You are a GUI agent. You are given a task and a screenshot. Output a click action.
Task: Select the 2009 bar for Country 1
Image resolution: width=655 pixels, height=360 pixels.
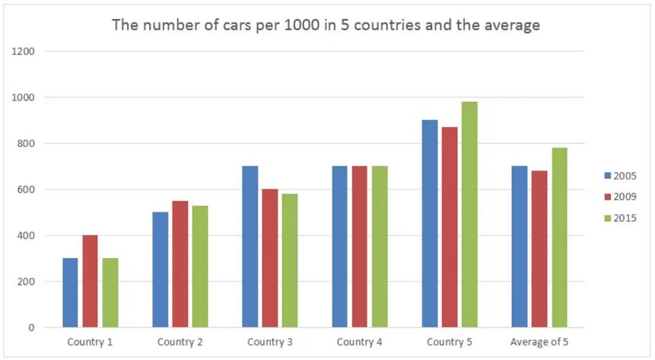tap(91, 282)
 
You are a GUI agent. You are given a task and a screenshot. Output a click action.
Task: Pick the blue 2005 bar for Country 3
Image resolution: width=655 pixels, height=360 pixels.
tap(250, 247)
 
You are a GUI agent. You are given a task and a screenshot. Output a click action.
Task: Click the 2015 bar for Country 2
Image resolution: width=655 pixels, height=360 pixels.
tap(200, 266)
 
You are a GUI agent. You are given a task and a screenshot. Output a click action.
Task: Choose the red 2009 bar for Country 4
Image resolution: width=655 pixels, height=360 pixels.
tap(360, 247)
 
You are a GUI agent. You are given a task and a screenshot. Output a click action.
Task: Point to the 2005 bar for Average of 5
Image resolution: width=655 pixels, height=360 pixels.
tap(520, 247)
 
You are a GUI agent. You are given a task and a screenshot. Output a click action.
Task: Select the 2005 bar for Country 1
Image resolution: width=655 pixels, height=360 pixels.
tap(70, 293)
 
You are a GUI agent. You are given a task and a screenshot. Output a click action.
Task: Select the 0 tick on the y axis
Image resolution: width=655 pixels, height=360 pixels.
tap(32, 328)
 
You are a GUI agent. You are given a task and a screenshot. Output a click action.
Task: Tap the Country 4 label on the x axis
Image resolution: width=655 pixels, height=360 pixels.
tap(360, 342)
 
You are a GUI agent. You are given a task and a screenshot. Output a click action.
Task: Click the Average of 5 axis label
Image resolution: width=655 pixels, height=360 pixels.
tap(539, 342)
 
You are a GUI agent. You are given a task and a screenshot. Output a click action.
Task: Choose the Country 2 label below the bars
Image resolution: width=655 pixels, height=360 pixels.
tap(180, 342)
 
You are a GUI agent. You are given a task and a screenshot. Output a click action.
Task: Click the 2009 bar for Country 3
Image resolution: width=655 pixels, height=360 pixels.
tap(270, 258)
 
